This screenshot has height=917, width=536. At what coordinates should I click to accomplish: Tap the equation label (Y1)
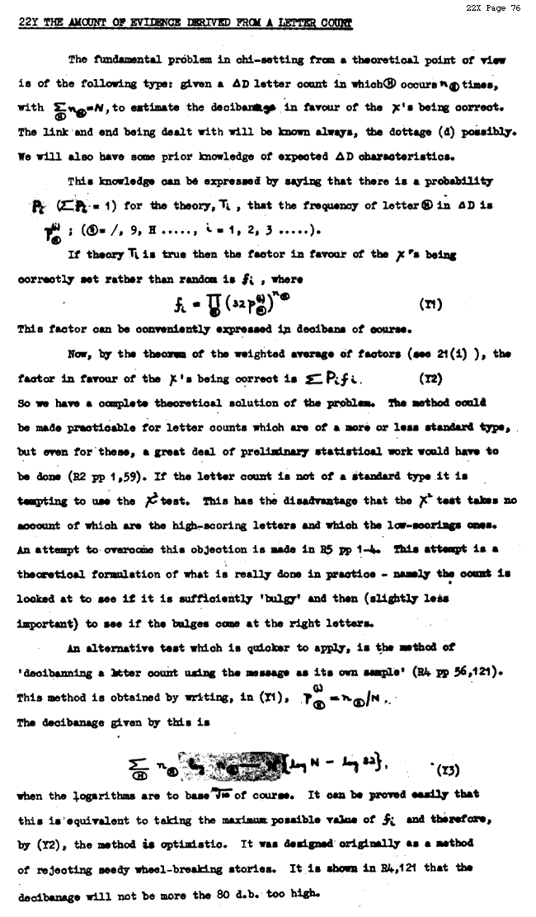point(430,304)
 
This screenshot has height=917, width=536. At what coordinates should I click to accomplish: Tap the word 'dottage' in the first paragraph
point(411,131)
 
